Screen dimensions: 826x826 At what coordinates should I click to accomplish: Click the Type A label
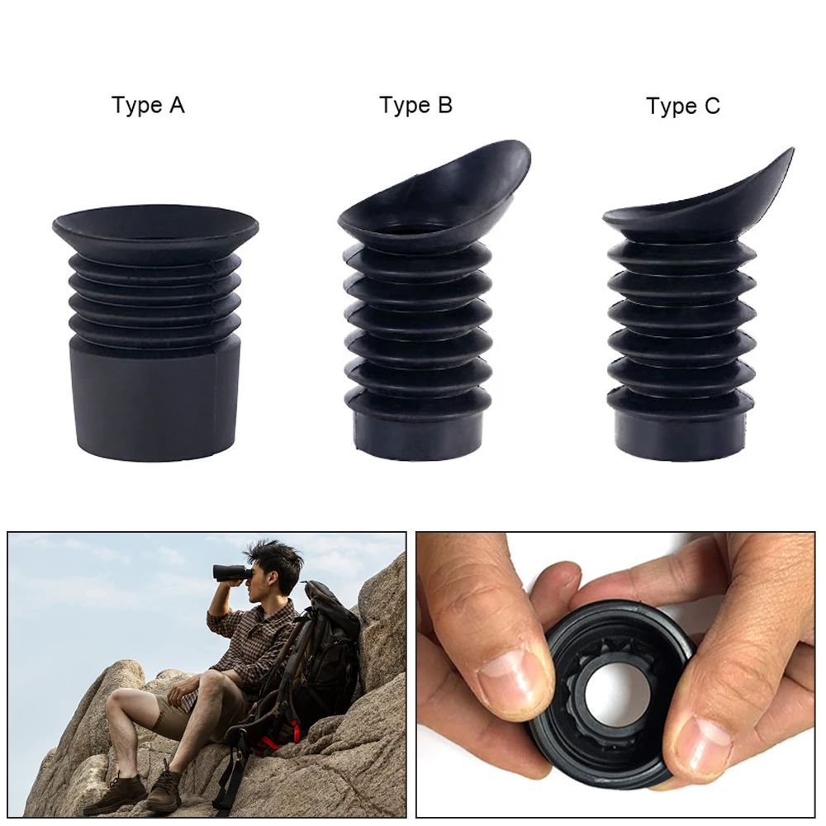148,106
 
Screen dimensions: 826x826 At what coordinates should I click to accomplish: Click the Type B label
415,106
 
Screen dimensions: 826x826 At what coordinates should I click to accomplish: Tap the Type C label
682,107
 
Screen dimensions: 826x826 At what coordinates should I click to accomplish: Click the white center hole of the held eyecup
615,694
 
